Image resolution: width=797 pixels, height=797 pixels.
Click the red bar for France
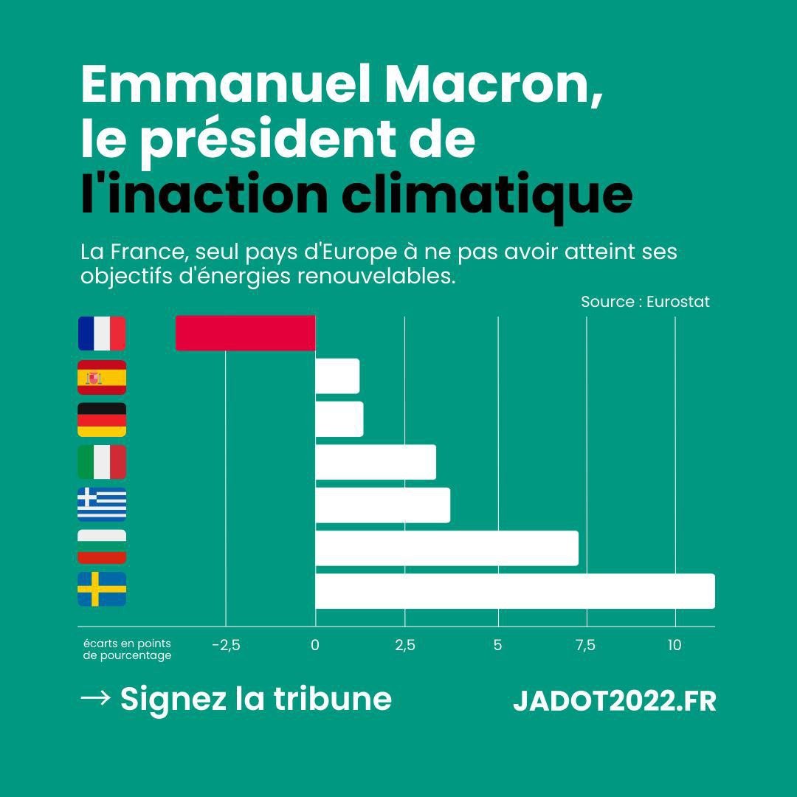(x=245, y=333)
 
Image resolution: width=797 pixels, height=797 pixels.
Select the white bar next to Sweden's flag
(x=514, y=591)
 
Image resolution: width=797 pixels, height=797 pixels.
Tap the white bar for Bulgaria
(x=446, y=548)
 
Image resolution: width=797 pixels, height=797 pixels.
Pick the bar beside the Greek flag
(x=382, y=506)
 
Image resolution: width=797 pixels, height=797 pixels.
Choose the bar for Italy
(x=375, y=463)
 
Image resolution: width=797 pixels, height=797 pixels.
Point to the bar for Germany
(x=339, y=419)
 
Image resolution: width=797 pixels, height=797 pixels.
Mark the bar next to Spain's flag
(x=337, y=376)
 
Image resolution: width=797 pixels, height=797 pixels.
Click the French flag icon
(x=102, y=334)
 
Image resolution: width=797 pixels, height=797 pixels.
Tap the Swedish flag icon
(x=102, y=589)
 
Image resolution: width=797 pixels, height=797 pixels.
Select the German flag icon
(x=102, y=419)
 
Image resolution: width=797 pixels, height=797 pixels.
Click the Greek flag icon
(x=102, y=505)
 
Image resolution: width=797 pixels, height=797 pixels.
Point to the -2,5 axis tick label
(x=226, y=646)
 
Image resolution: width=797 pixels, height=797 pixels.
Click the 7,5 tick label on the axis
(x=585, y=646)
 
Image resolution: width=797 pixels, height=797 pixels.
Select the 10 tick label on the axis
(x=674, y=646)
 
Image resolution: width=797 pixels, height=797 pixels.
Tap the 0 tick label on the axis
(x=315, y=646)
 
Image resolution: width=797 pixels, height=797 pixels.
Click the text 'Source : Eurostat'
(x=645, y=302)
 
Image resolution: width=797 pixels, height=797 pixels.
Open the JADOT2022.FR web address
(x=614, y=701)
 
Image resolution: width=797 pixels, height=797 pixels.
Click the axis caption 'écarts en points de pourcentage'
(x=127, y=649)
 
